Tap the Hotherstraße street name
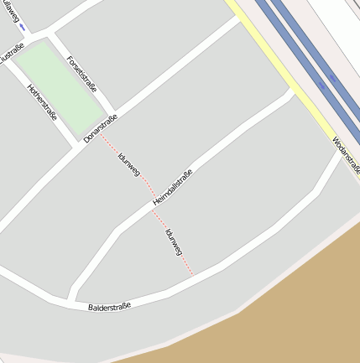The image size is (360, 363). pos(43,102)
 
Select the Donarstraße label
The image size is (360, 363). pos(101,128)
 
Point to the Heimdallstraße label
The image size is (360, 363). pos(173,189)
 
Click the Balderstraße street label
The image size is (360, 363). pos(110,308)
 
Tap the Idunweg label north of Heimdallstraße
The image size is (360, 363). pos(128,163)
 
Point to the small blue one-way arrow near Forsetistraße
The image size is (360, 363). pos(22,28)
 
